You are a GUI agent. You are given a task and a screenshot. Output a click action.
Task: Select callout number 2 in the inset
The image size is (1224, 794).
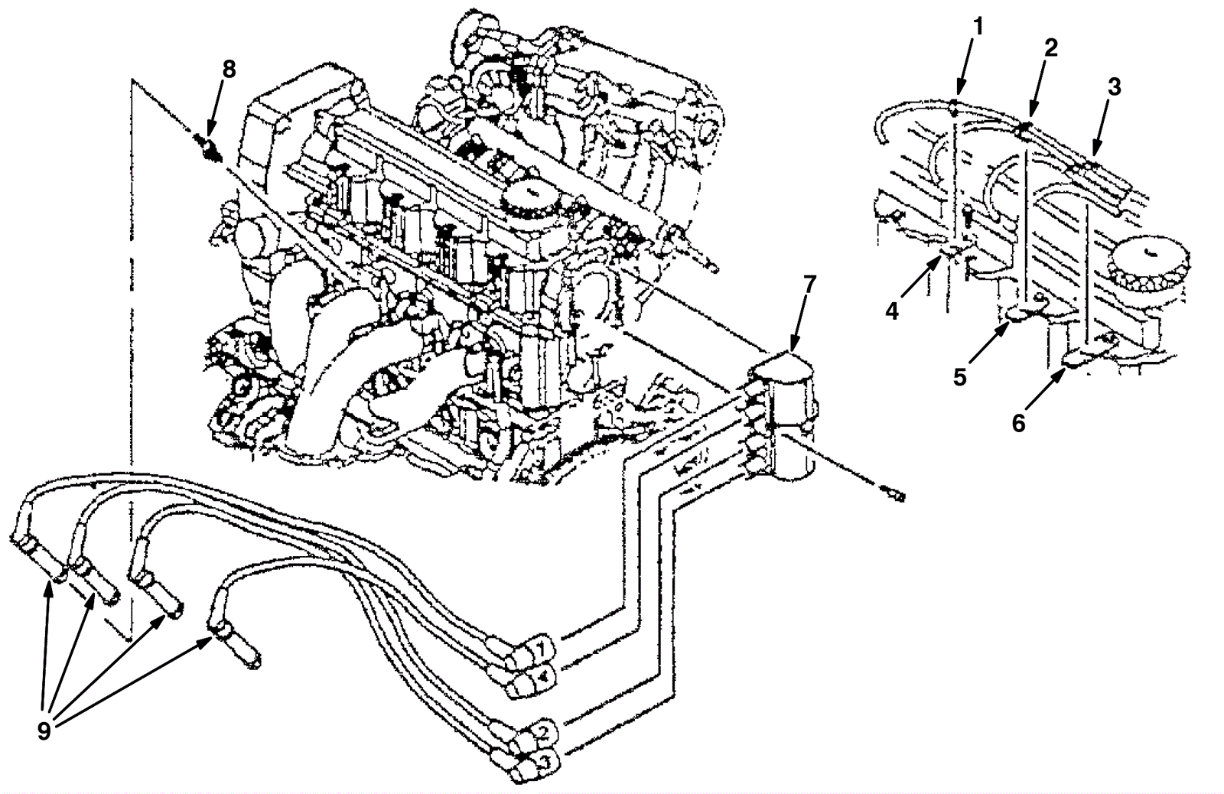(1051, 47)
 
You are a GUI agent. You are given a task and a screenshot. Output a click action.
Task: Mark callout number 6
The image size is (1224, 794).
(1018, 421)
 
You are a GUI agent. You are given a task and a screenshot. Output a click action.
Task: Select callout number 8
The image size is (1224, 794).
(229, 68)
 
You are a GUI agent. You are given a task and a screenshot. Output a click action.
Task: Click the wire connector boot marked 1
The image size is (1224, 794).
(539, 649)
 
